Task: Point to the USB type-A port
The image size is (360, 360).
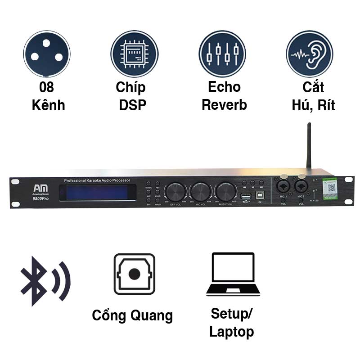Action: point(245,197)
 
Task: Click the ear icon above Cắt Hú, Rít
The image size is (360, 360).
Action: point(309,54)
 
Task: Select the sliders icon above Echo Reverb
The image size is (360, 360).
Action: point(222,54)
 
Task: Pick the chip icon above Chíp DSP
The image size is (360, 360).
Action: point(135,54)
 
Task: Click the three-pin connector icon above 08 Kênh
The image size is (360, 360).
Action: point(47,54)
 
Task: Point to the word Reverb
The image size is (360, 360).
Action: point(224,105)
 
